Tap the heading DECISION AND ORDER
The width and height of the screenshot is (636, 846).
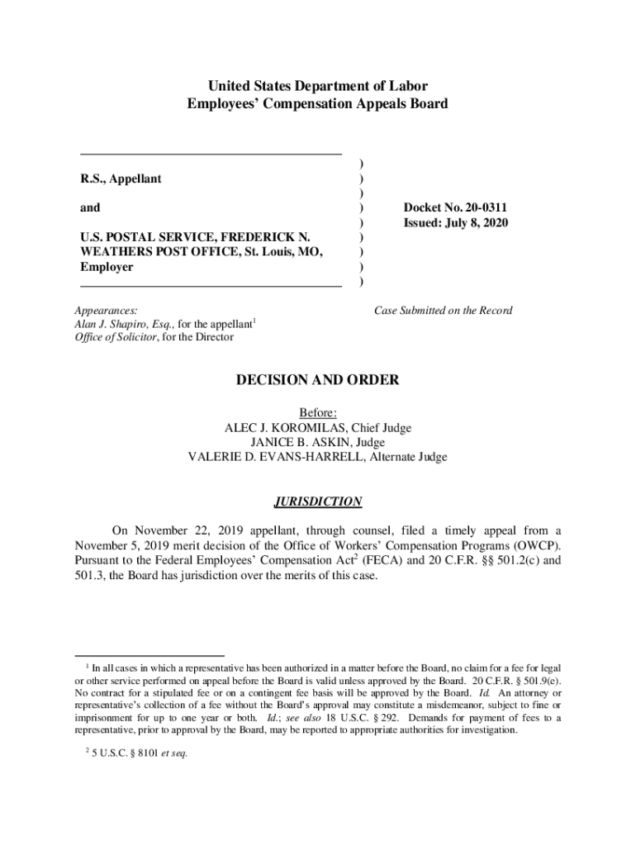[318, 380]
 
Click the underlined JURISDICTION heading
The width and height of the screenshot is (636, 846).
[318, 501]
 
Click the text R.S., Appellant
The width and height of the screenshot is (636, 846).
[121, 178]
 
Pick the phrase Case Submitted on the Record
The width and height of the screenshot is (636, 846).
[443, 311]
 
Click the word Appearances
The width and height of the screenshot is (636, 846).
[106, 311]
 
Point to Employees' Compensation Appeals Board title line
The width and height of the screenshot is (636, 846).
[318, 104]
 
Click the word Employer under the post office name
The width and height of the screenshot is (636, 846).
[107, 267]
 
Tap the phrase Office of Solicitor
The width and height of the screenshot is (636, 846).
[114, 337]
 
